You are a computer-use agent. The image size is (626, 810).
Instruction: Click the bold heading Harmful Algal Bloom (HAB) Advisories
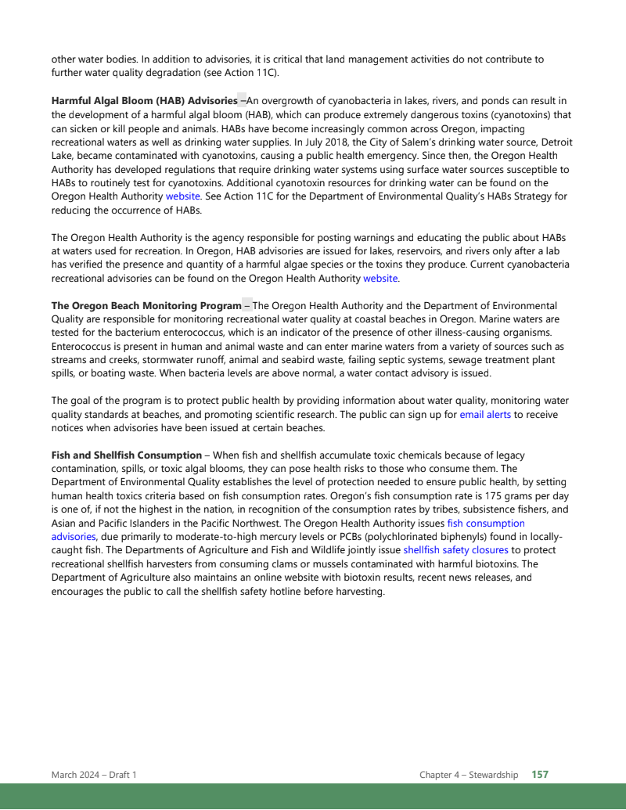coord(144,101)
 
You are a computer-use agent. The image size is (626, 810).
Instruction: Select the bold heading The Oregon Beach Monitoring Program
coord(146,305)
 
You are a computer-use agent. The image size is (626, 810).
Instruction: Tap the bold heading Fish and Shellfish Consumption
coord(127,455)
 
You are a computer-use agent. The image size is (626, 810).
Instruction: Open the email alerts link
coord(485,414)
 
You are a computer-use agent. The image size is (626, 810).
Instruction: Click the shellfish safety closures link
coord(455,550)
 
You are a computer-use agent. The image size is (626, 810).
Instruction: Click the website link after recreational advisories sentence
coord(380,278)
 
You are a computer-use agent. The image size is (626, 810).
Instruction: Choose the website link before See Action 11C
coord(183,196)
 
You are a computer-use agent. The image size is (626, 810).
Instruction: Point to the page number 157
coord(540,775)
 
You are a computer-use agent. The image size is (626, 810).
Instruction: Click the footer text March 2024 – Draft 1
coord(94,775)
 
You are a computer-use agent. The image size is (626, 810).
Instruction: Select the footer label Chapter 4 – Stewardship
coord(469,775)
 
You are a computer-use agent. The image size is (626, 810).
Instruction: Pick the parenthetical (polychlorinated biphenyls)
coord(429,537)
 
